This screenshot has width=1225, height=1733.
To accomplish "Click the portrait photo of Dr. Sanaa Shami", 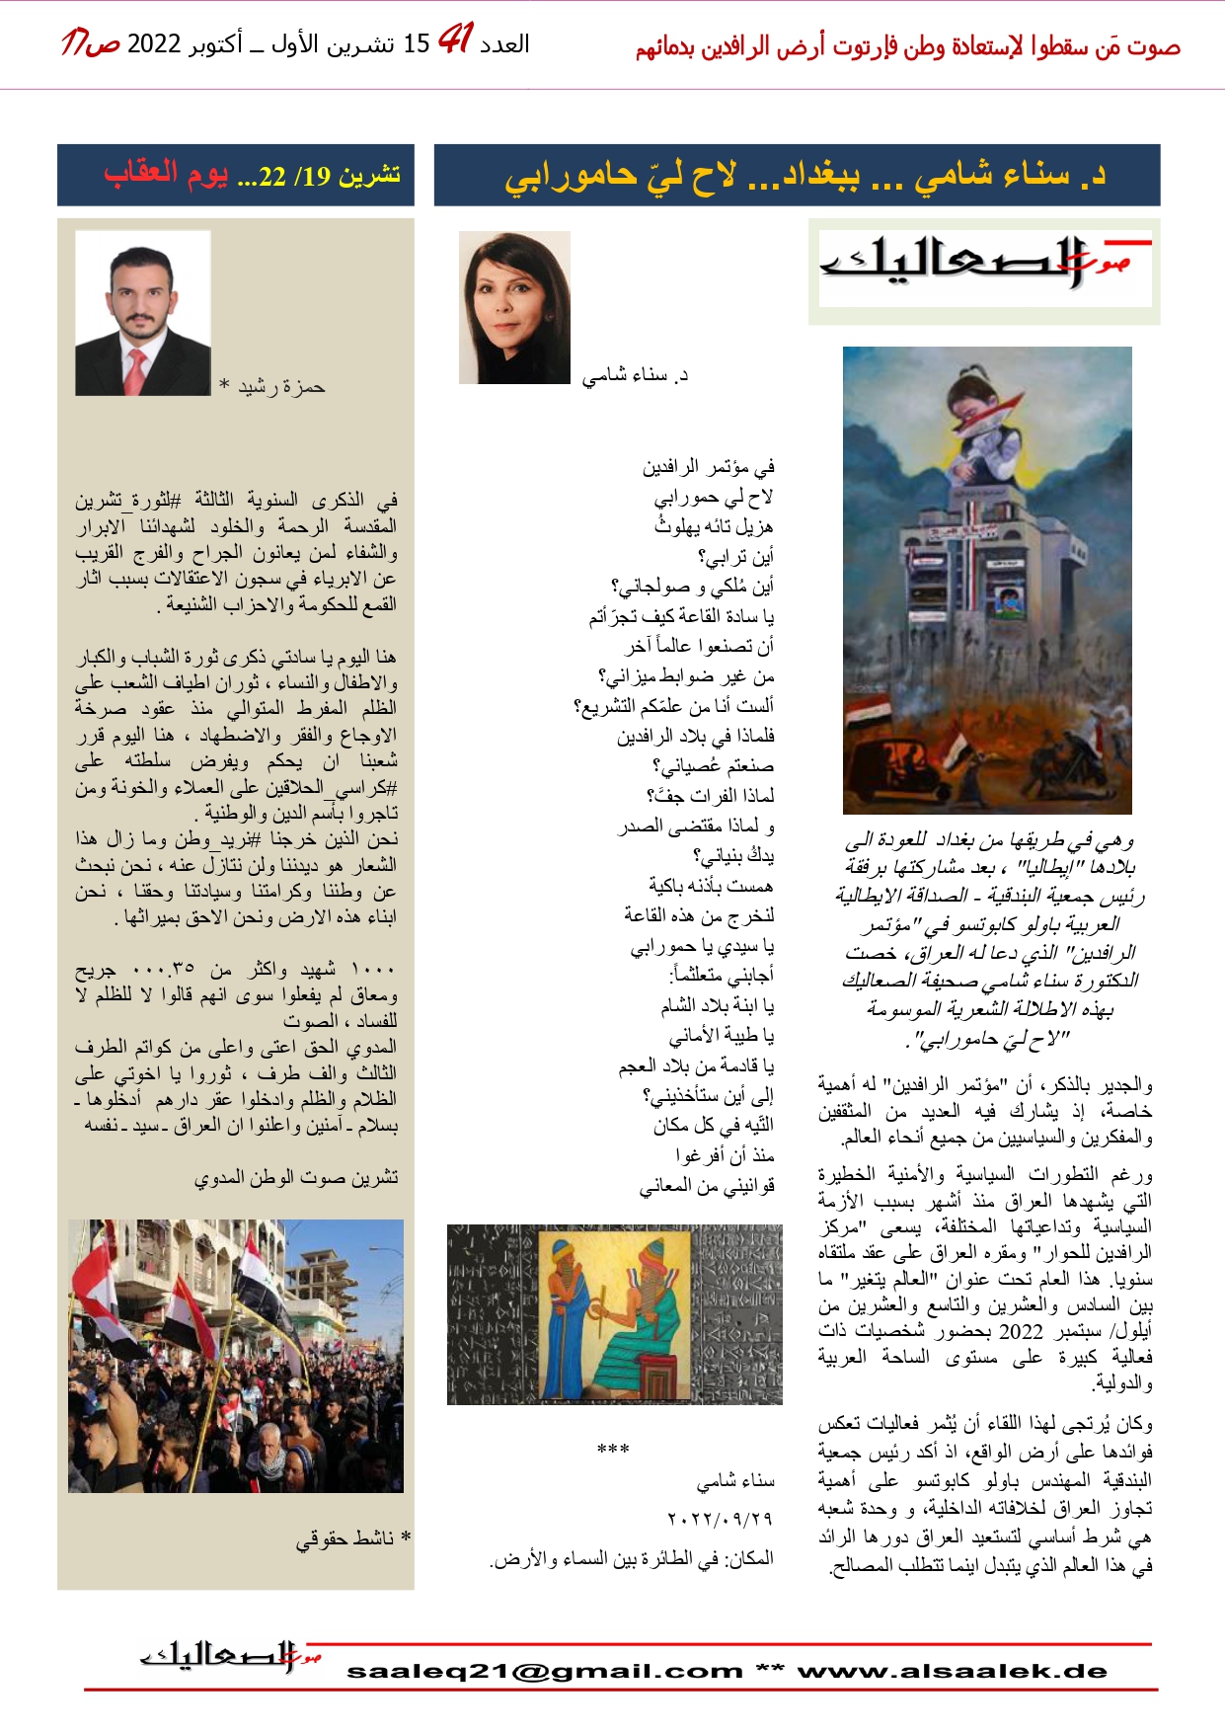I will point(514,307).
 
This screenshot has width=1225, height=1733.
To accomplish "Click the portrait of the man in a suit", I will point(143,313).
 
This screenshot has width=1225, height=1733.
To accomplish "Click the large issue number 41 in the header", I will point(455,40).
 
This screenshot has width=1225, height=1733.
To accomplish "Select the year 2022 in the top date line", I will point(154,44).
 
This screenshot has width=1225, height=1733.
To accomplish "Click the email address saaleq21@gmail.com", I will point(544,1671).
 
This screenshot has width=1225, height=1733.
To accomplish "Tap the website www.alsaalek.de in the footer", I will point(953,1671).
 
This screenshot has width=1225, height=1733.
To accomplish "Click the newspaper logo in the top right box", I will point(984,270).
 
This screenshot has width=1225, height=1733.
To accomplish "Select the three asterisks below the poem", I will point(613,1450).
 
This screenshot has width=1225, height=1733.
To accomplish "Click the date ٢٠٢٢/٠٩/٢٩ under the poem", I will point(719,1519).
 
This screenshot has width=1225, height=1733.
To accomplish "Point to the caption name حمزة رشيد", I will point(281,386).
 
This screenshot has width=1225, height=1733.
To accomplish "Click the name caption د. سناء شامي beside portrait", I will point(635,375).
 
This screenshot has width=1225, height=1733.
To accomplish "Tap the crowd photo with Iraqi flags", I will point(236,1355).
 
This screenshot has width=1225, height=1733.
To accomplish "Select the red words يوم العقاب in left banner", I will point(166,175).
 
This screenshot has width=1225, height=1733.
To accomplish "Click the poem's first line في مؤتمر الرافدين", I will point(708,467).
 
